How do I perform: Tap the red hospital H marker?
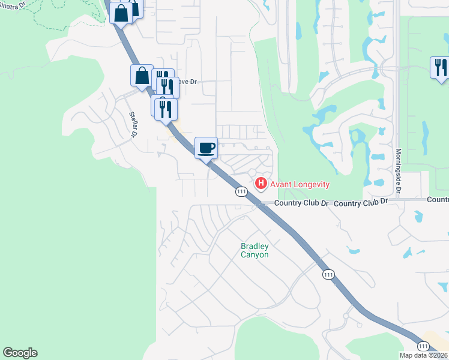(261, 183)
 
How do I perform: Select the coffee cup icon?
(206, 147)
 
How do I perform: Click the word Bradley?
(255, 246)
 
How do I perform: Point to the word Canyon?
(255, 254)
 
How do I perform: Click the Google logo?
(20, 353)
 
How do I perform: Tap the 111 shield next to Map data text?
(423, 346)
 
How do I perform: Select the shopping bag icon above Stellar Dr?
(142, 76)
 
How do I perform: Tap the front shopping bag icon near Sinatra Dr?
(121, 13)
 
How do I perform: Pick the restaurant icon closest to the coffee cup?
(166, 109)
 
